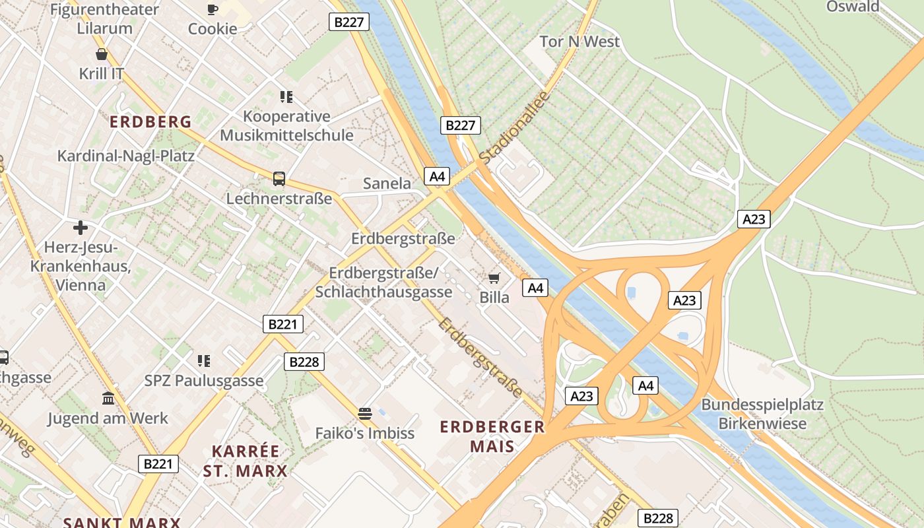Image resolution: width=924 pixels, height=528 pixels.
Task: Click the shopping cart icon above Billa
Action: pos(494,278)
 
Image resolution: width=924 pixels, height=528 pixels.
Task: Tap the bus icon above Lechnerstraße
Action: pos(279,178)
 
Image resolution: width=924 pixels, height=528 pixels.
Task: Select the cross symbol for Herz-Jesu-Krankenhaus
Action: pos(81,228)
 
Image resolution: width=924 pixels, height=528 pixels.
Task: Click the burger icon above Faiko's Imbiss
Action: pos(364,414)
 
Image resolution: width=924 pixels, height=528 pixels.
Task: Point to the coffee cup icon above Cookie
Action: pos(212,9)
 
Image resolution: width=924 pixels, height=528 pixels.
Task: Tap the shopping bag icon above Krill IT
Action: pos(102,54)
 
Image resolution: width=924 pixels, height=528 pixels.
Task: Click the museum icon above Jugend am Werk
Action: pos(108,398)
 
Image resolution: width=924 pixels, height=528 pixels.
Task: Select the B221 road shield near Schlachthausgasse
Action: pos(283,323)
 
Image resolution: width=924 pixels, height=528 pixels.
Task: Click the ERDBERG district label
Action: pos(150,122)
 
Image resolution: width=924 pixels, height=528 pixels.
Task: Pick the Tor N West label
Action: pos(579,42)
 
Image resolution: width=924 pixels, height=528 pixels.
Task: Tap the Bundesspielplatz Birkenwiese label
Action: pos(762,414)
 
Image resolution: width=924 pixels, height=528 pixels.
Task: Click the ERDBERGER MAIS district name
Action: pos(492,436)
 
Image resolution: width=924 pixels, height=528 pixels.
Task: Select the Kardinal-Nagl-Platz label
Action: pos(126,156)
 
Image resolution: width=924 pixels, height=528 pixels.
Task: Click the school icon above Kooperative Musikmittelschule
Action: pos(286,97)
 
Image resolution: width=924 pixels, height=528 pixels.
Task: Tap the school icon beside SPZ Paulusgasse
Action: pos(204,360)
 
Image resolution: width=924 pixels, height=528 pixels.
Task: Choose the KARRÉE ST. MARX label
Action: pos(246,461)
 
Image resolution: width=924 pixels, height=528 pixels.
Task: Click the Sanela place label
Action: pos(387,183)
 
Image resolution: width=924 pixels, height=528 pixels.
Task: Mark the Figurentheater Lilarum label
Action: pos(104,18)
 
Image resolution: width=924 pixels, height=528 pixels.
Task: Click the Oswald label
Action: pos(853,7)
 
